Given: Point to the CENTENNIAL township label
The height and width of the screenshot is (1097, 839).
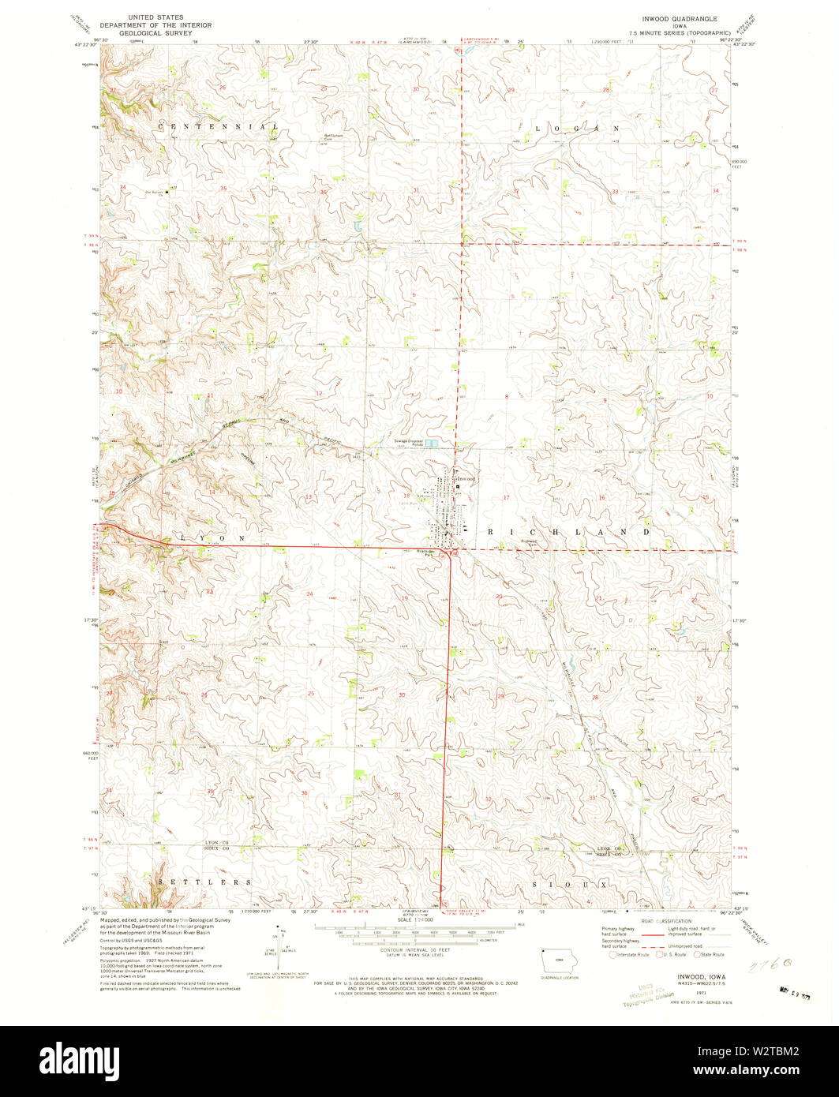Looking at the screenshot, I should [x=218, y=126].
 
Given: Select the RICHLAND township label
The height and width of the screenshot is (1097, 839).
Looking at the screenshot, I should [x=569, y=533].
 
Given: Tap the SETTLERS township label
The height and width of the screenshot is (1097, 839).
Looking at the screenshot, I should [x=204, y=882].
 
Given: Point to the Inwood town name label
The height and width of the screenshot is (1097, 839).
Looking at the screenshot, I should [x=467, y=479].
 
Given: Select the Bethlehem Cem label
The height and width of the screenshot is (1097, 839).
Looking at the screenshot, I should [x=335, y=137].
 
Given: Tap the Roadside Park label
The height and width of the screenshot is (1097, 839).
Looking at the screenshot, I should [x=426, y=553].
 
